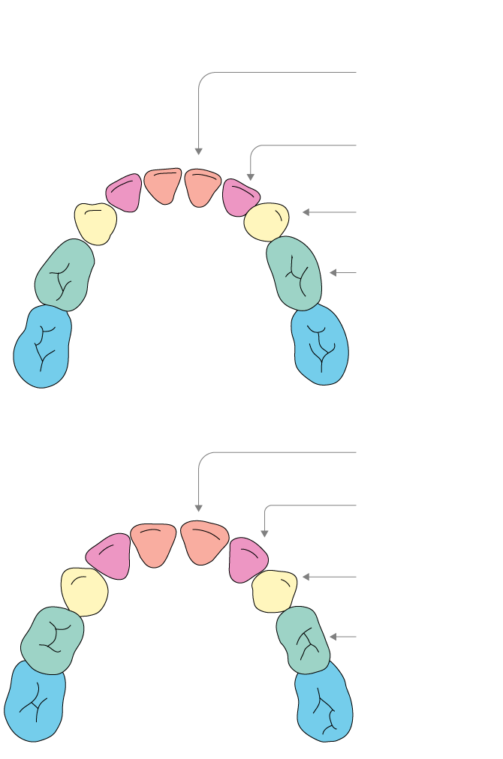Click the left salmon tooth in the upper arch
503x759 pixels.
[163, 184]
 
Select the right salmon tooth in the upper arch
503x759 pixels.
[201, 185]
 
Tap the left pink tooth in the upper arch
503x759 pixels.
[125, 193]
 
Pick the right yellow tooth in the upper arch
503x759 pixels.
[267, 221]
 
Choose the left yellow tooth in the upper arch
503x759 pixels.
[95, 223]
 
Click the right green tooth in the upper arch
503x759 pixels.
[294, 273]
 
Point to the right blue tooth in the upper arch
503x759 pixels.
[321, 345]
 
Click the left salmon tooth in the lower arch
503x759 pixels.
[153, 543]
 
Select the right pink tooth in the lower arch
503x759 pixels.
[247, 559]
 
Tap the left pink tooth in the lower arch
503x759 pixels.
[110, 556]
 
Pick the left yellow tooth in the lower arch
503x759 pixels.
[84, 592]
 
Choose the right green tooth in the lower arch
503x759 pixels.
[303, 640]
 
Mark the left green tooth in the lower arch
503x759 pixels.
[52, 640]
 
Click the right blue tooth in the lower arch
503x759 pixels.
[324, 704]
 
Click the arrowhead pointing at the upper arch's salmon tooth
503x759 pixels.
[198, 151]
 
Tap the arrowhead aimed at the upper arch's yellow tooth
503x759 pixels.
[306, 212]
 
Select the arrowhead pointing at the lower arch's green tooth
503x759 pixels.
[333, 637]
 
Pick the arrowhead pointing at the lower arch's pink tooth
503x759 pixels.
[264, 534]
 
